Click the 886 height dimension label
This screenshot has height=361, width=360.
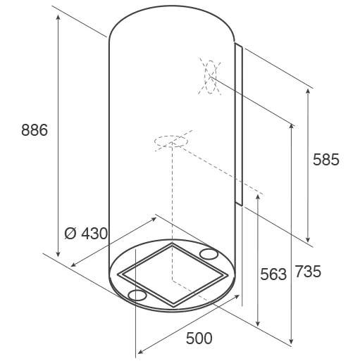35,130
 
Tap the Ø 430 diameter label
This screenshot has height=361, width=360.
86,234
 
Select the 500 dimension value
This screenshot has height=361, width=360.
199,338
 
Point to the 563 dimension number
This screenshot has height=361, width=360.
273,274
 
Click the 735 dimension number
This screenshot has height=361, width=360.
308,272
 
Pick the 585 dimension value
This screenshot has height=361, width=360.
326,160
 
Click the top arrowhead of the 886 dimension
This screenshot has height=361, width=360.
58,17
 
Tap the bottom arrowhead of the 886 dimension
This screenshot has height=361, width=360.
58,254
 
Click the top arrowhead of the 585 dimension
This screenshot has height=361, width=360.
308,91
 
